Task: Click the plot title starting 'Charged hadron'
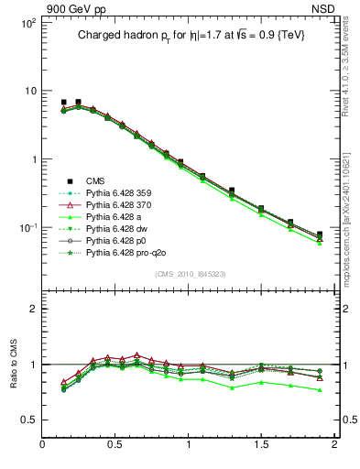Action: pos(188,35)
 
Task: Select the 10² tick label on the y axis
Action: pos(26,22)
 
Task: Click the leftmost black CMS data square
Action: pos(63,103)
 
